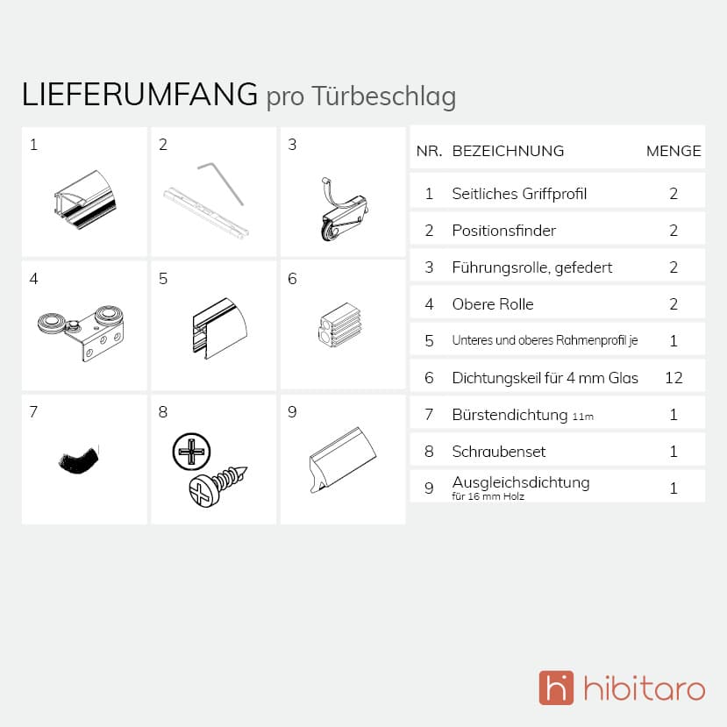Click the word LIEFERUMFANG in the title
[x=139, y=95]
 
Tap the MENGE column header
[x=674, y=151]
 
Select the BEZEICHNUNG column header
[x=508, y=151]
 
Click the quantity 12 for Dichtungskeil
[x=674, y=378]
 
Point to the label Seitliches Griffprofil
[x=519, y=194]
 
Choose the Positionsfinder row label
[x=503, y=231]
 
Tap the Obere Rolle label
[x=492, y=304]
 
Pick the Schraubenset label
[x=499, y=452]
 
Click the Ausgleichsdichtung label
[x=521, y=482]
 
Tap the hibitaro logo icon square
[x=556, y=688]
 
